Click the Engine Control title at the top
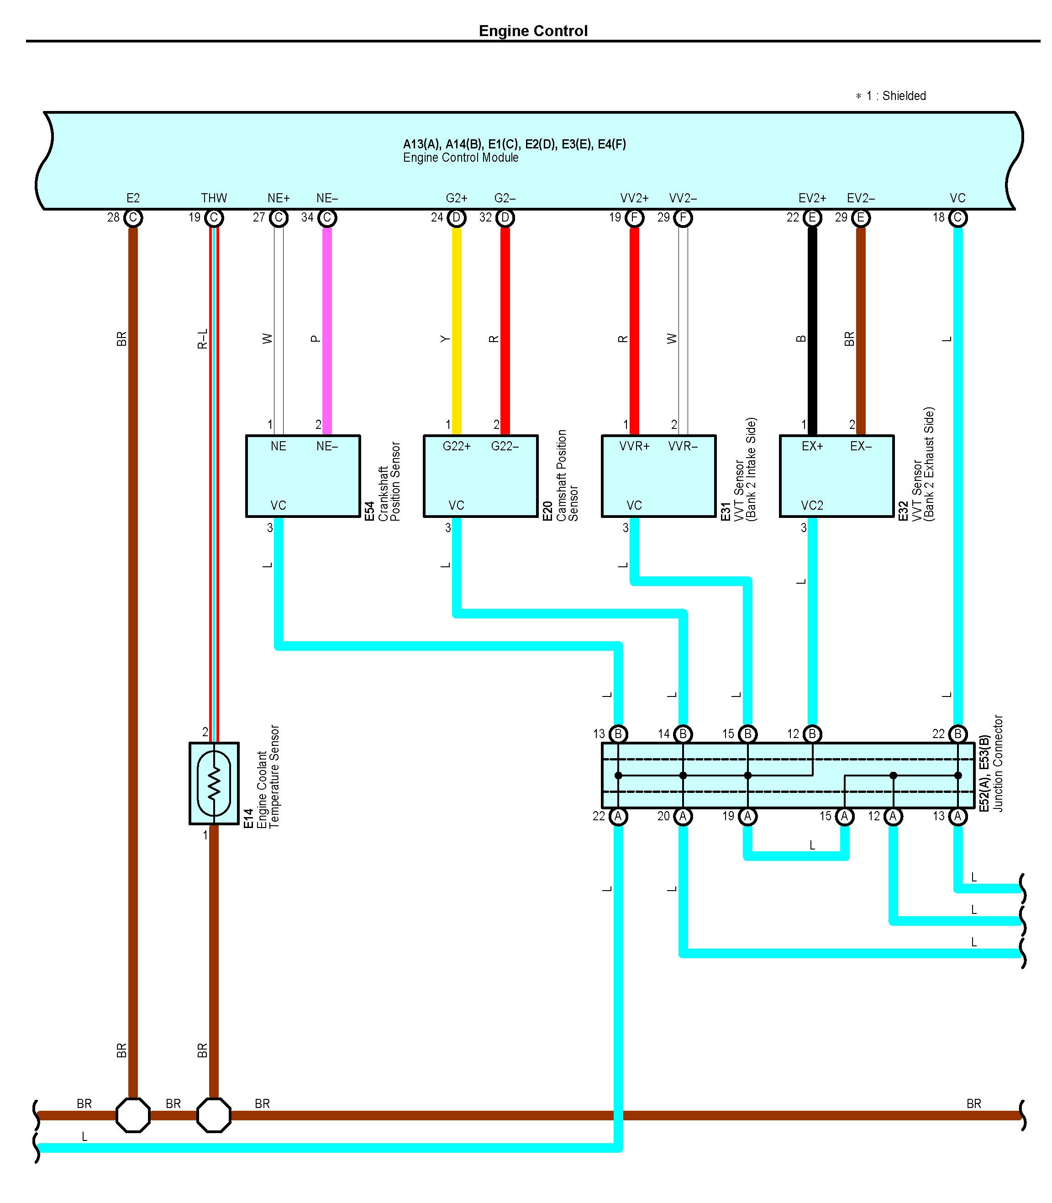click(x=532, y=31)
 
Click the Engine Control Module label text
click(x=460, y=158)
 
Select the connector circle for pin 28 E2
click(x=133, y=218)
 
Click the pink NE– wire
click(x=327, y=329)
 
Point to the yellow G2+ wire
click(x=456, y=329)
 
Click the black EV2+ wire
click(x=812, y=329)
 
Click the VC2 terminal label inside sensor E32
click(x=812, y=506)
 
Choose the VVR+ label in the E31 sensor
click(x=635, y=446)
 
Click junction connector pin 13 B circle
click(x=618, y=734)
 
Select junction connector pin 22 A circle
click(x=618, y=816)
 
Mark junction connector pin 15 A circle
click(x=844, y=816)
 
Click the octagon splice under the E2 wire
click(x=133, y=1115)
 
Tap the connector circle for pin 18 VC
click(x=958, y=218)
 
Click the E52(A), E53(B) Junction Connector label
click(x=991, y=763)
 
